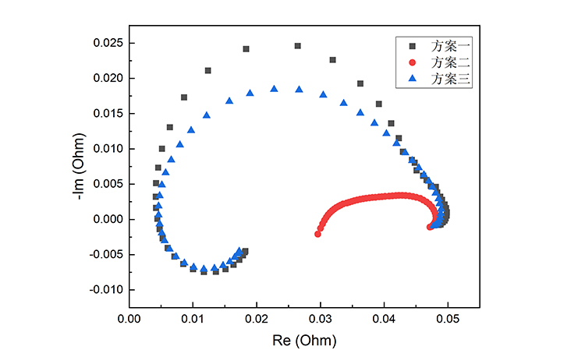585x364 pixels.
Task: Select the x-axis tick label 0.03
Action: pos(320,319)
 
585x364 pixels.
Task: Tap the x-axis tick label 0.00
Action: pos(129,319)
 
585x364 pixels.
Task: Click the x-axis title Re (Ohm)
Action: pos(304,341)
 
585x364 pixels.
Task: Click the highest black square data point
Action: pos(297,46)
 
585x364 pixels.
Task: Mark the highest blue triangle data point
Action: pos(274,89)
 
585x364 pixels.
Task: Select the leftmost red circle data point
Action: pos(317,234)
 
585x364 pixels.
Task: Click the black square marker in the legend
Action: pos(413,46)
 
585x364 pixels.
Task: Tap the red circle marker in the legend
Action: pos(413,62)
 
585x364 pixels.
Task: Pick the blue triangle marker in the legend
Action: pos(413,79)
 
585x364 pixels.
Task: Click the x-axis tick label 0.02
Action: pos(256,319)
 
